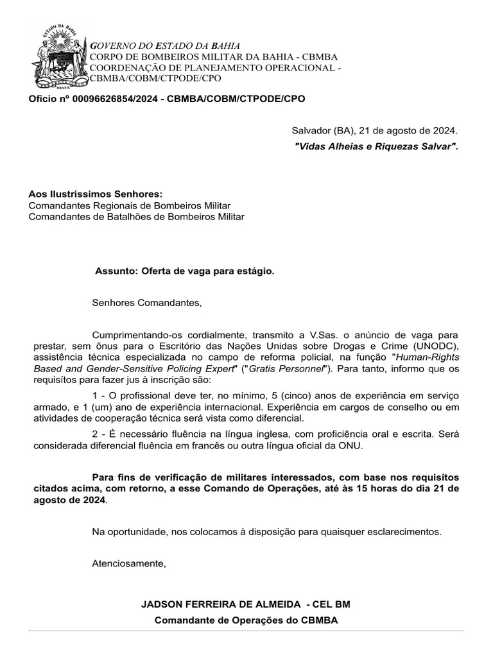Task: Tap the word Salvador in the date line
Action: tap(311, 131)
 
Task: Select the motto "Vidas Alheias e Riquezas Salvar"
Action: tap(376, 147)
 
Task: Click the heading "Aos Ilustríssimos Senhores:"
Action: tap(96, 194)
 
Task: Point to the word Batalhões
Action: tap(137, 217)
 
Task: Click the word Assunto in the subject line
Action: tap(112, 271)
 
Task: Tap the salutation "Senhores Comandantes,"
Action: tap(146, 302)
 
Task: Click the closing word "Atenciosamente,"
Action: tap(129, 563)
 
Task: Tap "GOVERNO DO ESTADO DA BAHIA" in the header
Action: tap(166, 46)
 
